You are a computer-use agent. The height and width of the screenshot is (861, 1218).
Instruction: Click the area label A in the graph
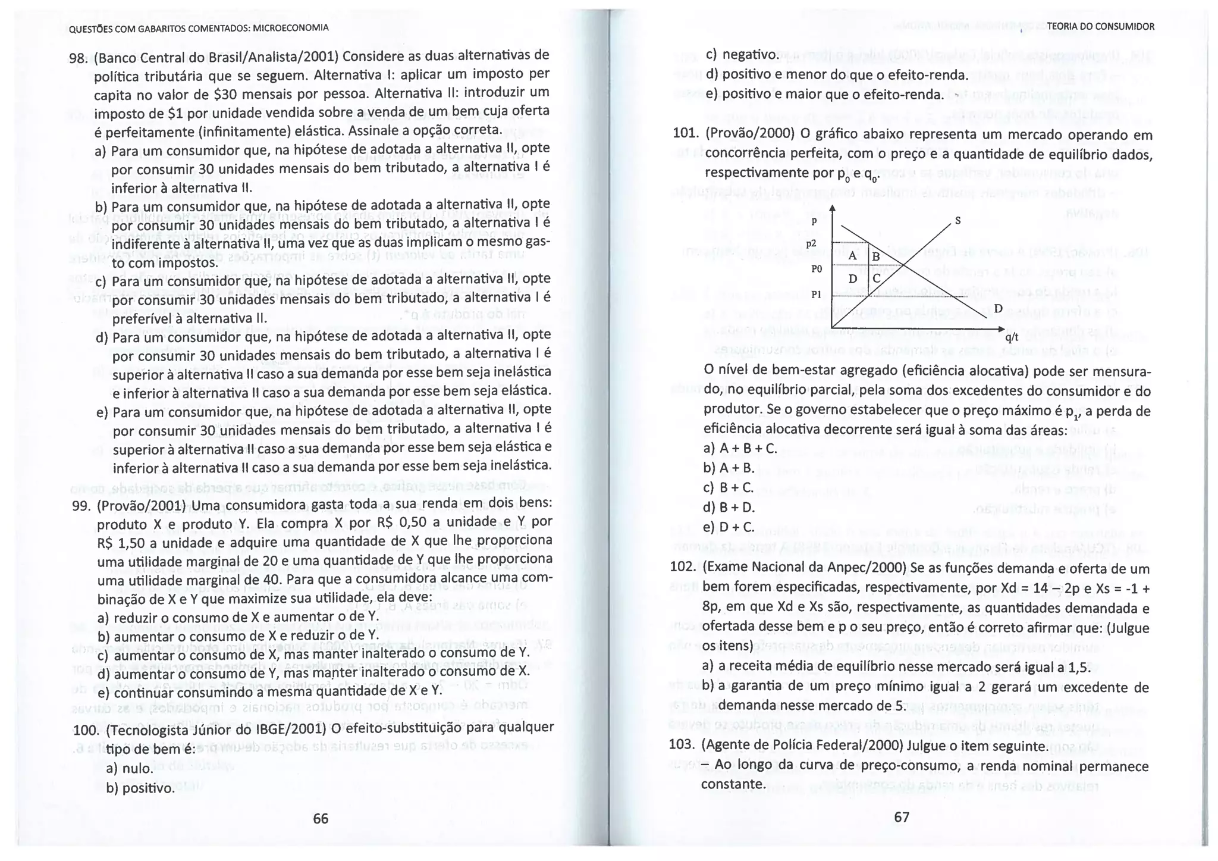click(x=852, y=256)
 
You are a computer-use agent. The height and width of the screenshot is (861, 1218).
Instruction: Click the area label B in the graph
click(x=875, y=257)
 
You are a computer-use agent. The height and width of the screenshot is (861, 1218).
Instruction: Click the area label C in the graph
click(x=877, y=277)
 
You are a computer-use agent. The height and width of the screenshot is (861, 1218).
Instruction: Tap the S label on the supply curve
click(x=958, y=221)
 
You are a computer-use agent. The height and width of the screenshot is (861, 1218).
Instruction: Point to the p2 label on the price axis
click(x=812, y=243)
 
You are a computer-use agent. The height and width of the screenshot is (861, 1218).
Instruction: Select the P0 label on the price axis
click(x=816, y=269)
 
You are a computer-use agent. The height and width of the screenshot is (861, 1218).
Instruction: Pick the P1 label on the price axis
click(x=816, y=295)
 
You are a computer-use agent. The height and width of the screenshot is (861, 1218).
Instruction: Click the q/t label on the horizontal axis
click(x=1012, y=337)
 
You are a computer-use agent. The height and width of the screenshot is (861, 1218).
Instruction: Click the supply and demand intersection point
click(x=903, y=265)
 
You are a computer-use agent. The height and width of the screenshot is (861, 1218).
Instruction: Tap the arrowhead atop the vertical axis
click(x=832, y=208)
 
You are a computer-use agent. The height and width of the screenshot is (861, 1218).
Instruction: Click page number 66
click(x=321, y=819)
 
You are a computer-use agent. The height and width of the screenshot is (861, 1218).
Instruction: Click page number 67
click(x=902, y=817)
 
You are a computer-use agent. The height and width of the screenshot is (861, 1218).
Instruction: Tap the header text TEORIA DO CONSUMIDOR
click(x=1100, y=27)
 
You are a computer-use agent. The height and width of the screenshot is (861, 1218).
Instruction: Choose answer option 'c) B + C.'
click(x=729, y=487)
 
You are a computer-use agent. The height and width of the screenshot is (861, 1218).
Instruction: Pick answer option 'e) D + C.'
click(x=729, y=527)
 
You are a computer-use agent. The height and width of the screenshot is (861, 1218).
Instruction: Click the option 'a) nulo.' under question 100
click(x=130, y=768)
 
